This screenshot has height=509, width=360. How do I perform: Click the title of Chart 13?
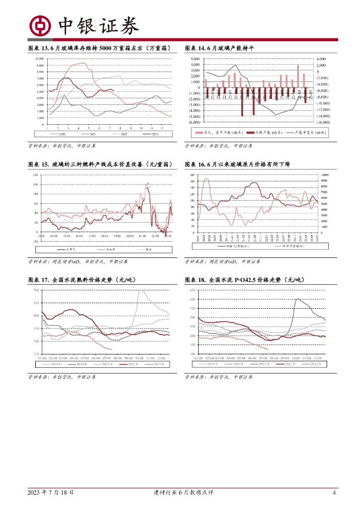pyautogui.click(x=100, y=48)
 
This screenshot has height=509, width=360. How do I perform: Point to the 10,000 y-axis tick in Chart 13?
pyautogui.click(x=40, y=59)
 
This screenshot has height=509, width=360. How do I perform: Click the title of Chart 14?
pyautogui.click(x=219, y=48)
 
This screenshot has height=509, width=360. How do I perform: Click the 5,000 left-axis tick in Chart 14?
pyautogui.click(x=195, y=59)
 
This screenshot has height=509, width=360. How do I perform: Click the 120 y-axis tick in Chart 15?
pyautogui.click(x=35, y=175)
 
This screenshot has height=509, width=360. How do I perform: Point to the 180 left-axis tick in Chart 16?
pyautogui.click(x=193, y=175)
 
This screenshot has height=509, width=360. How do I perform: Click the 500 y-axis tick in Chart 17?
pyautogui.click(x=36, y=290)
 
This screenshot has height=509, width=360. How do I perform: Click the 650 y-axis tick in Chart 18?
pyautogui.click(x=192, y=290)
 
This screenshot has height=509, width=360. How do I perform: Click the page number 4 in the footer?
pyautogui.click(x=334, y=493)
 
